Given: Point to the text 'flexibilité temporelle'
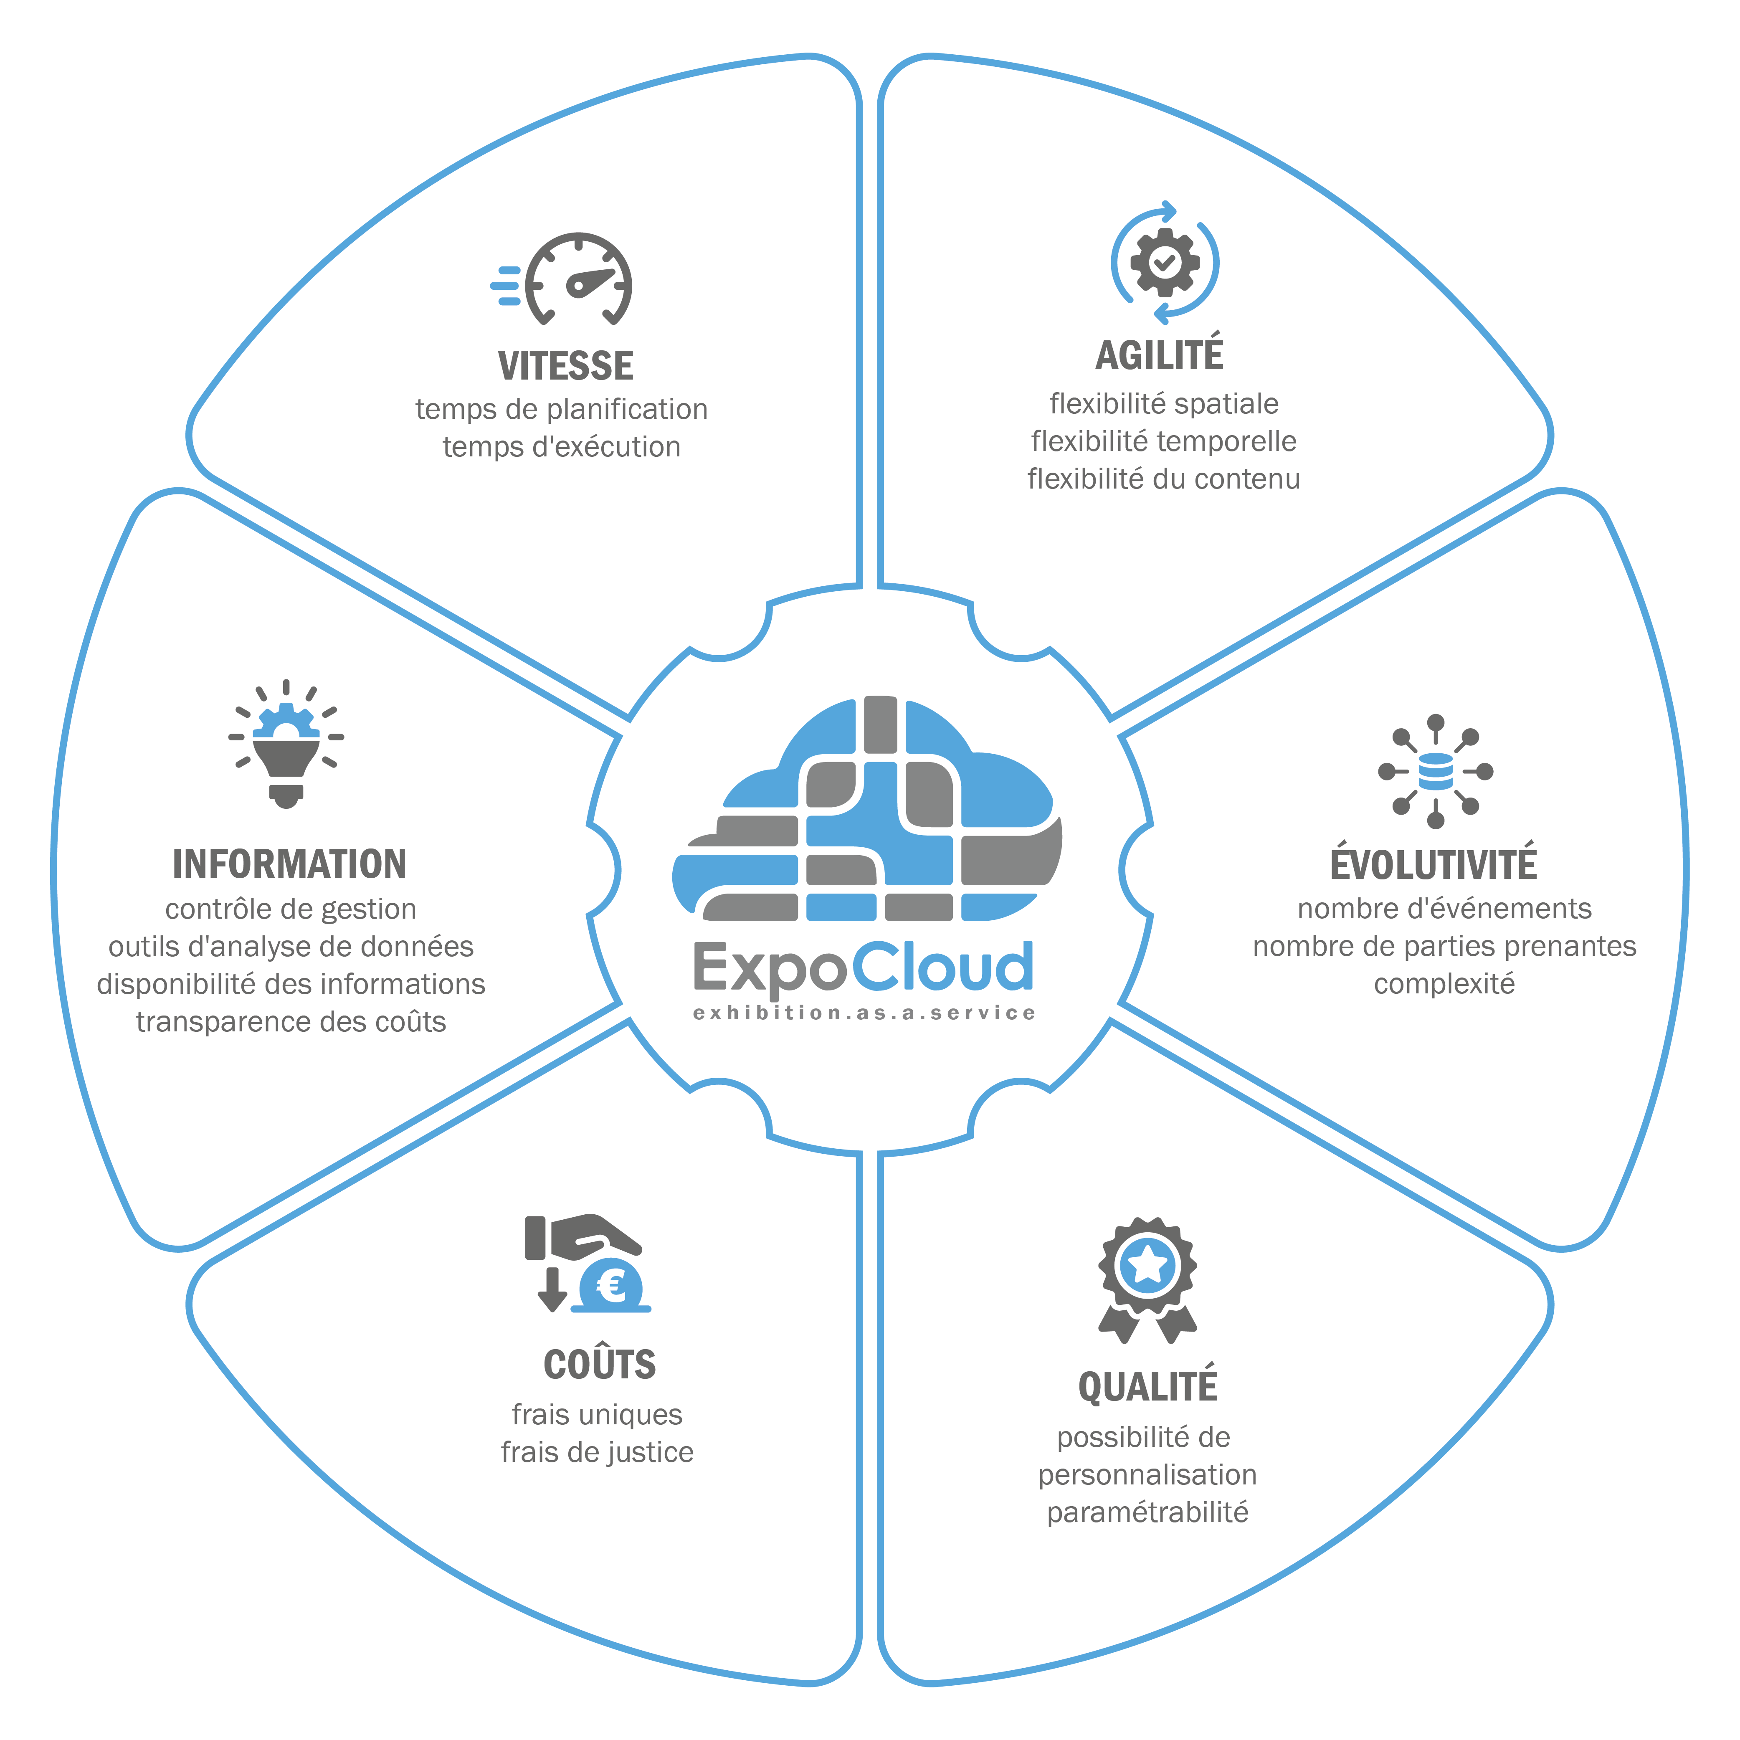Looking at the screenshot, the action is [1164, 441].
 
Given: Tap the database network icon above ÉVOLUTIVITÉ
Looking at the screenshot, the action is [1436, 772].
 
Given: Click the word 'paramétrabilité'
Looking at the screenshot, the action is [1147, 1512].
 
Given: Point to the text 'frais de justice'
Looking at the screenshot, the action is [597, 1452].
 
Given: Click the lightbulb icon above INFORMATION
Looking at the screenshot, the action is [286, 745].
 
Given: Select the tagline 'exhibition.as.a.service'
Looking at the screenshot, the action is [865, 1013].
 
